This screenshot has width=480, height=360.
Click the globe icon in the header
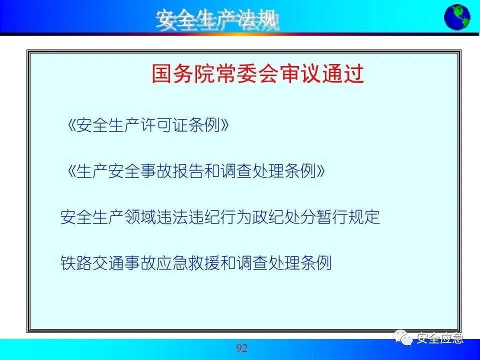click(457, 17)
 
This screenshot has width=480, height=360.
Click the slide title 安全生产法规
click(217, 20)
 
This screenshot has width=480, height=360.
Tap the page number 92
click(241, 348)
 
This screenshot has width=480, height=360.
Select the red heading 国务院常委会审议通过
click(258, 73)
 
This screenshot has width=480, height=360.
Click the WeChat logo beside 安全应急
click(403, 337)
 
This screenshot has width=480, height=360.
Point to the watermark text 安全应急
click(440, 338)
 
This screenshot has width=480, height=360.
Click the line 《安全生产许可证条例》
click(148, 125)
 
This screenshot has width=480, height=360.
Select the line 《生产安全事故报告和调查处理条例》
click(196, 171)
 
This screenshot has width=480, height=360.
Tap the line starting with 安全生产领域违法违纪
click(220, 217)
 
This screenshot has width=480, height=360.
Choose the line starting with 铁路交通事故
click(196, 263)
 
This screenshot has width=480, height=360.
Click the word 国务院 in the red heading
click(183, 73)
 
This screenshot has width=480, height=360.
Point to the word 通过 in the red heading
click(343, 73)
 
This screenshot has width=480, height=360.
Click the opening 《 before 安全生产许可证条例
click(71, 125)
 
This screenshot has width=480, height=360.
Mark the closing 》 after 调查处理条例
click(321, 171)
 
